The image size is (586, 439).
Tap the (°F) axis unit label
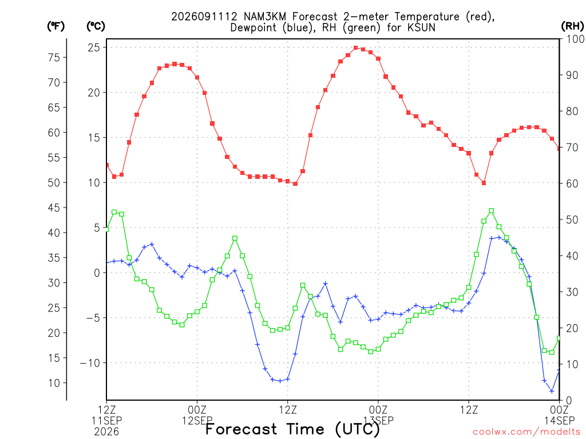point(56,26)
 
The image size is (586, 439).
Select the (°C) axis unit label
point(96,26)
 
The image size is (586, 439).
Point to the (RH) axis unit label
point(572,26)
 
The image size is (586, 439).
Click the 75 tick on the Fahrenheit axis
point(54,58)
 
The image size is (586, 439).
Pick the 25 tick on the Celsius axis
point(94,47)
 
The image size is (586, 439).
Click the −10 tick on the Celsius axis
point(90,363)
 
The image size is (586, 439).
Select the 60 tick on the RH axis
point(572,183)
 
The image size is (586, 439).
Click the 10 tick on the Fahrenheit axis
point(54,383)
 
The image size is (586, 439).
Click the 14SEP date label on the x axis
point(560,421)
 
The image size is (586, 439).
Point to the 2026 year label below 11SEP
point(106,432)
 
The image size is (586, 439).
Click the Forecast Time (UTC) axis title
point(292,429)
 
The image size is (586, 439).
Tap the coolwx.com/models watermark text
point(529,432)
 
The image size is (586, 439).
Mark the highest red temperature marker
point(356,48)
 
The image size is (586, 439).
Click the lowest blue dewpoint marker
point(552,391)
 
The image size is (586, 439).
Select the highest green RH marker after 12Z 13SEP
point(492,211)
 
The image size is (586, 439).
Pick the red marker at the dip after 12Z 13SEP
point(484,183)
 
